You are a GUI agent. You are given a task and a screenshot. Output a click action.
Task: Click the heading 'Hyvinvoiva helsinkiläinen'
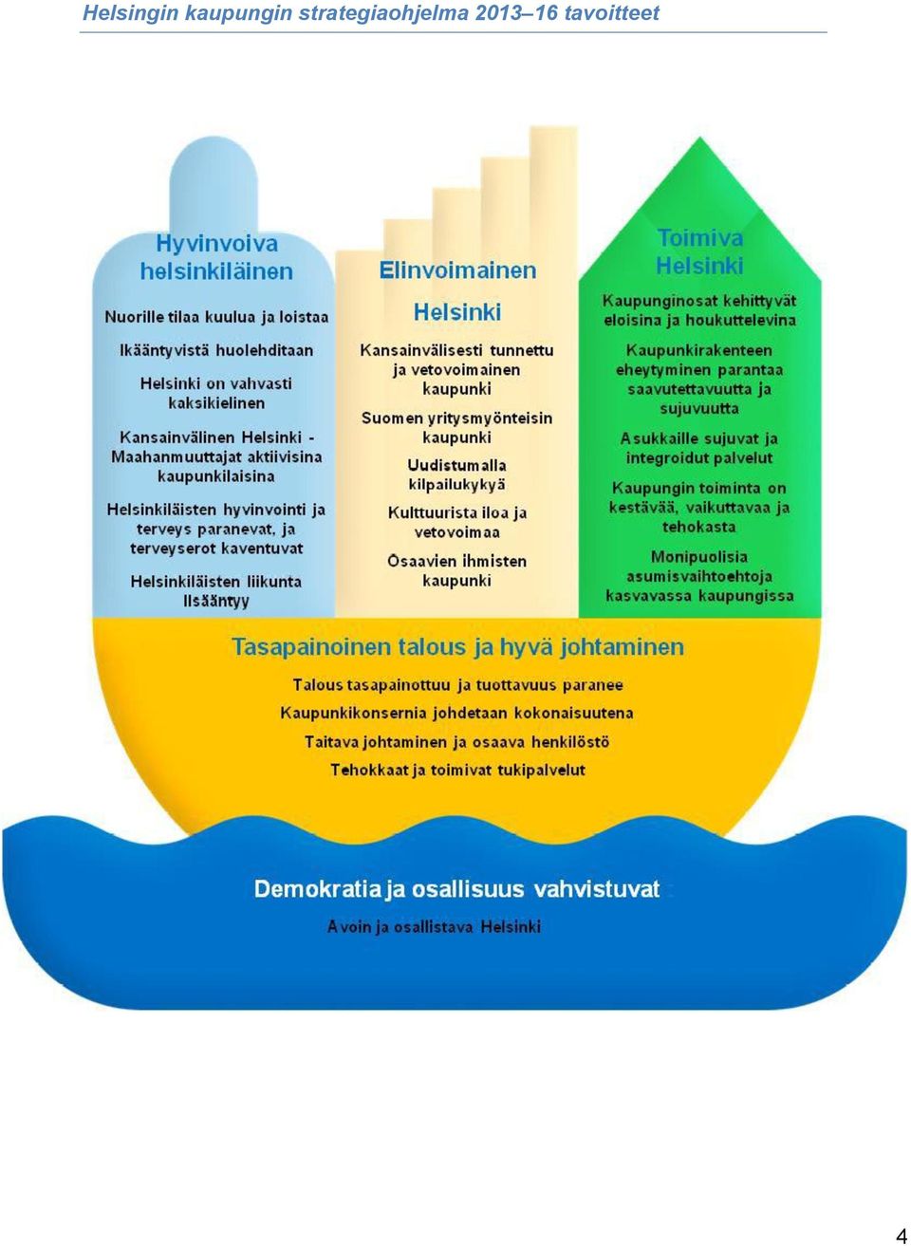(216, 257)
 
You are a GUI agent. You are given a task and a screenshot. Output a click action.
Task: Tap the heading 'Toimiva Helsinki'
(699, 252)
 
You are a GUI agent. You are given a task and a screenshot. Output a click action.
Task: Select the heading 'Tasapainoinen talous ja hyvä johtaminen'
(457, 647)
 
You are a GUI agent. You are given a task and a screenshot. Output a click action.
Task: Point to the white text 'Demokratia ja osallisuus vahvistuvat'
(457, 889)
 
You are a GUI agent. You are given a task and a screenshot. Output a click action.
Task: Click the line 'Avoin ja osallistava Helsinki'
(434, 927)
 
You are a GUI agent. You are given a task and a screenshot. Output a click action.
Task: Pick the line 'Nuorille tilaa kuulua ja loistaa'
(216, 317)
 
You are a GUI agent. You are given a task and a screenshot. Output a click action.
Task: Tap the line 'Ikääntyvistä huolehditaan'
(216, 350)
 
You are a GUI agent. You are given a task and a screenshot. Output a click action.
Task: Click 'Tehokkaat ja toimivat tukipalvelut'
(457, 770)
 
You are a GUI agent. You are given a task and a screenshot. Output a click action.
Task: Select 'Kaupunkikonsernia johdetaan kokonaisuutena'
(456, 713)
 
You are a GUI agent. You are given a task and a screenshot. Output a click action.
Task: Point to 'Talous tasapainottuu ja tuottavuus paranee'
(457, 685)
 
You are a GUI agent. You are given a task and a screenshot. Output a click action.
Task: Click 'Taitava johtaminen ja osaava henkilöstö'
(456, 742)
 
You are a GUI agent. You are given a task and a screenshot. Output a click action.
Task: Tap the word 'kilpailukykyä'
(457, 485)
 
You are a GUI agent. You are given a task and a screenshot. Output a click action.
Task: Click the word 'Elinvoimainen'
(457, 270)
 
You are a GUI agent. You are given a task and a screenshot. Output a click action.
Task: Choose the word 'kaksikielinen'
(216, 403)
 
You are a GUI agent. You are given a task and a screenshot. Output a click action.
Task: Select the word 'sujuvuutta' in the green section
(699, 409)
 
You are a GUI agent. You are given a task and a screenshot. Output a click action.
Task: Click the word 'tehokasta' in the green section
(699, 527)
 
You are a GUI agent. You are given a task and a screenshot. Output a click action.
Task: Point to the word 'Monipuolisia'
(699, 557)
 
